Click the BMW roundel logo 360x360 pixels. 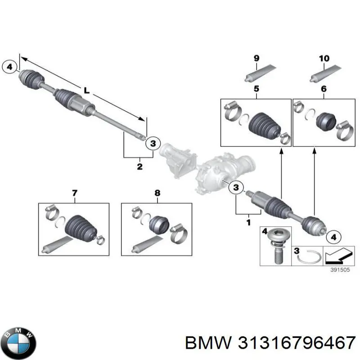click(18, 337)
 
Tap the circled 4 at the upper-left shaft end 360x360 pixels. click(10, 67)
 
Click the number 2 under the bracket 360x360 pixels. click(139, 167)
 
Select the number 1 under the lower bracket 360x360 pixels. click(248, 222)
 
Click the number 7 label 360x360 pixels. click(74, 193)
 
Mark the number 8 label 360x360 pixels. click(157, 193)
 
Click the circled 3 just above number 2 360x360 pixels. click(153, 143)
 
